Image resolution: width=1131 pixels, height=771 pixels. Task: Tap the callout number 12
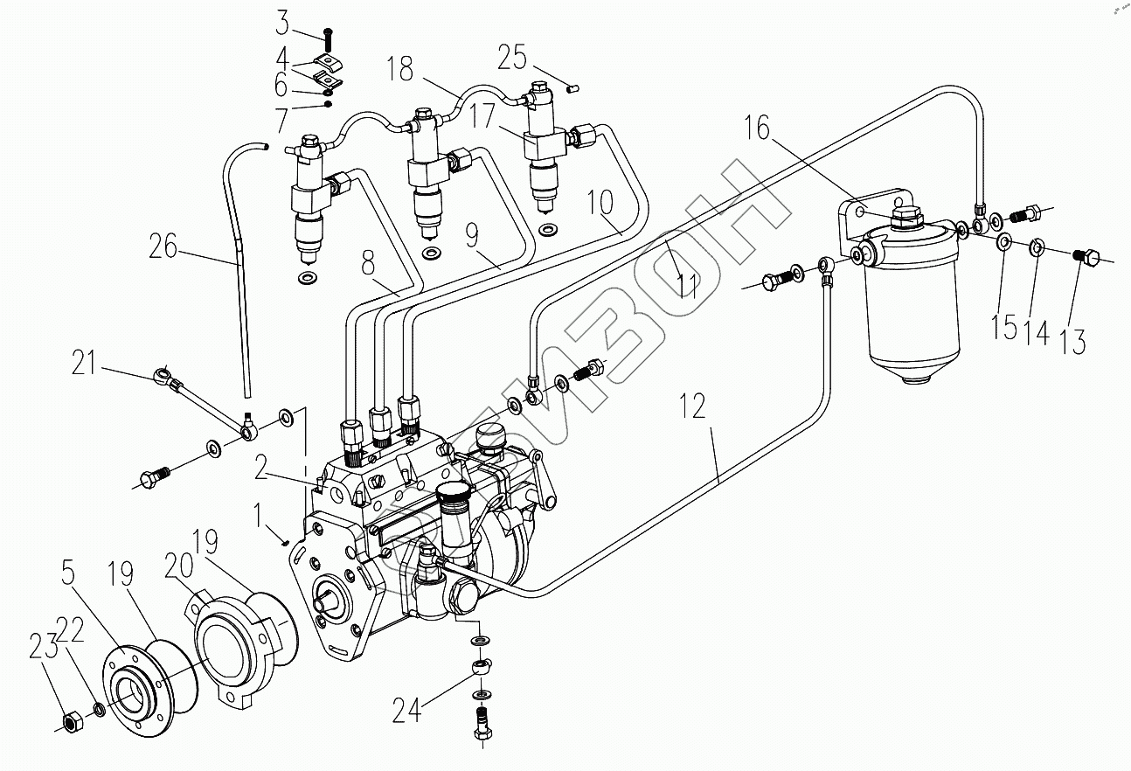[x=692, y=406]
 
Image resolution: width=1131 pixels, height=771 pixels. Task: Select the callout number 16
[x=758, y=127]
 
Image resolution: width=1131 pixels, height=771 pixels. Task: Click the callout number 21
[x=84, y=363]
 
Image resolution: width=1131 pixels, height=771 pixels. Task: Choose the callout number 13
[x=1073, y=342]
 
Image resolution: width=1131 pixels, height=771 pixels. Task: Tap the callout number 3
[x=282, y=23]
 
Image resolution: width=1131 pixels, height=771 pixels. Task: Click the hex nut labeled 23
[x=71, y=725]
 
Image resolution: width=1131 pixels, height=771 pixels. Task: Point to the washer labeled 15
[x=1003, y=241]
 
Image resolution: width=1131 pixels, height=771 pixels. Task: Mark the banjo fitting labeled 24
[x=482, y=668]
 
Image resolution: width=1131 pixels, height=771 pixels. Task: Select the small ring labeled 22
[x=100, y=710]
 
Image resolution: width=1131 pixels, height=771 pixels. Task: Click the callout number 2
[x=260, y=468]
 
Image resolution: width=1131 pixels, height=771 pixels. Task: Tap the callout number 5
[x=68, y=573]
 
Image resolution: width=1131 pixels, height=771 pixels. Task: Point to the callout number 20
[x=178, y=566]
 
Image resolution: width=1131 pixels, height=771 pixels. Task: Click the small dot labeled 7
[x=328, y=104]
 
